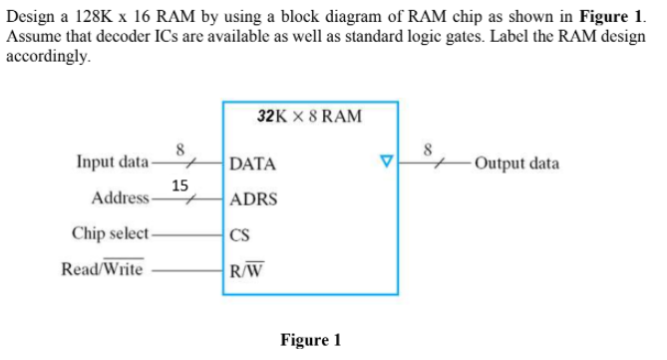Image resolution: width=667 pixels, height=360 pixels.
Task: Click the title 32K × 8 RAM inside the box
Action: click(309, 117)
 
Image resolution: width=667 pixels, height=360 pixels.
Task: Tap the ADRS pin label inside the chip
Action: click(253, 199)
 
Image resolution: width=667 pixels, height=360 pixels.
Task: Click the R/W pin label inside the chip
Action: click(245, 269)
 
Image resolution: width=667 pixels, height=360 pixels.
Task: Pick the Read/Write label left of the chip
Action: click(102, 269)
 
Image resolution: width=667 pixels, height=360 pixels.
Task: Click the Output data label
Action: click(516, 164)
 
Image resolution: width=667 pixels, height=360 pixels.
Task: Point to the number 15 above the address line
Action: click(179, 184)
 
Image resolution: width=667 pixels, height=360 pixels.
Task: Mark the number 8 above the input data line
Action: click(180, 150)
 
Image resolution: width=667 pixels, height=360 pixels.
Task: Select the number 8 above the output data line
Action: click(428, 150)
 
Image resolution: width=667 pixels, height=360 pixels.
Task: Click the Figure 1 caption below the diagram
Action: click(310, 341)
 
